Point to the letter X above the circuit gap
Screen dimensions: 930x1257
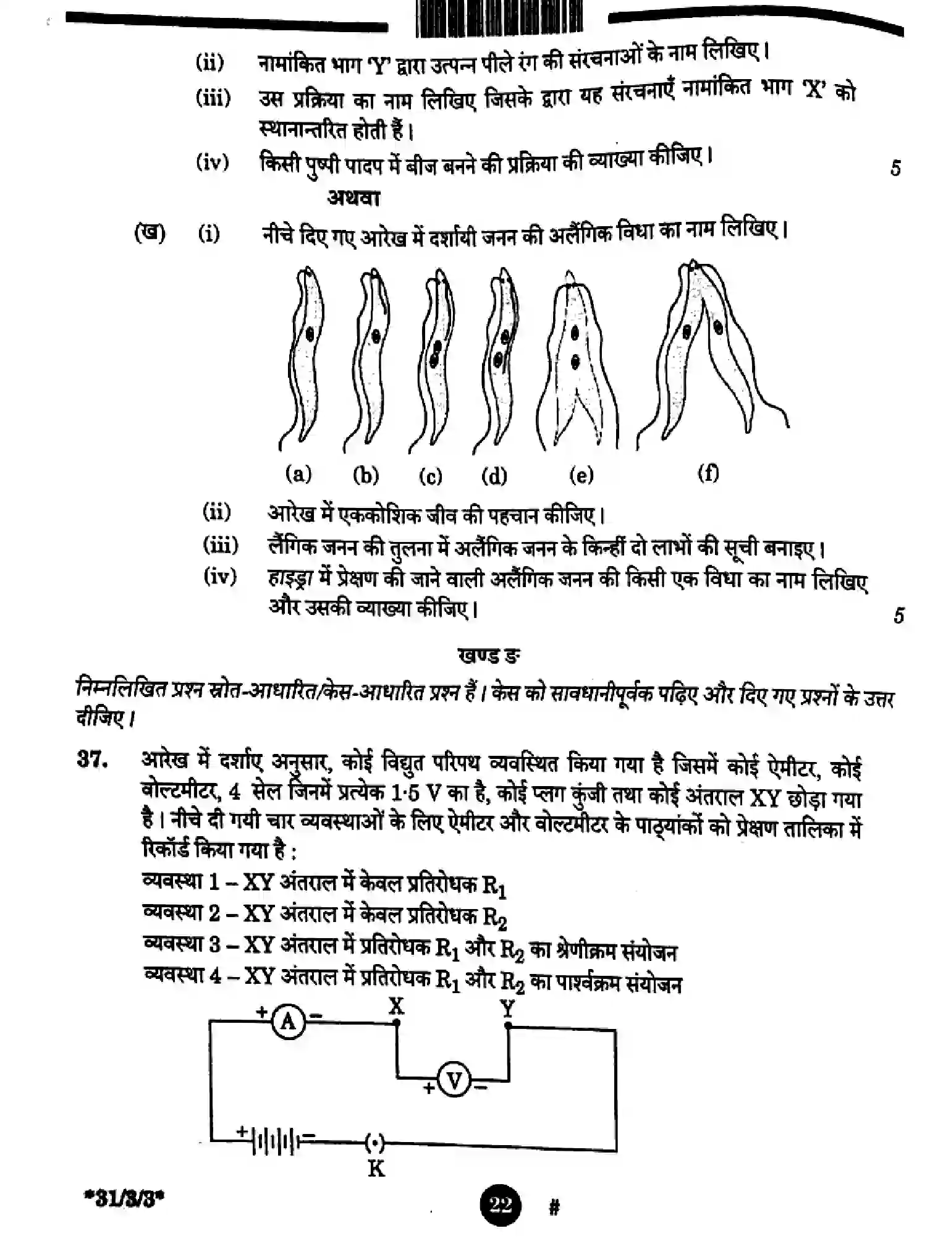point(396,1006)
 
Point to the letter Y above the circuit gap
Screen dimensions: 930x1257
point(507,1009)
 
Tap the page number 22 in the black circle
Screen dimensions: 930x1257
point(500,1204)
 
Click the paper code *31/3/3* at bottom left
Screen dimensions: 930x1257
point(124,1201)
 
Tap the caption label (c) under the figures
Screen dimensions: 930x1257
point(431,476)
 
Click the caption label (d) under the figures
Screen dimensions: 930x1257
point(494,476)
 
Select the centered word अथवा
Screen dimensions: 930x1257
point(353,198)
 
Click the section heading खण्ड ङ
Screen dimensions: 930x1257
point(488,655)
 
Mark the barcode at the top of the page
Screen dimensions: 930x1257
point(499,17)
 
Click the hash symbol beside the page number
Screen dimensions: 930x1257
point(554,1206)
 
